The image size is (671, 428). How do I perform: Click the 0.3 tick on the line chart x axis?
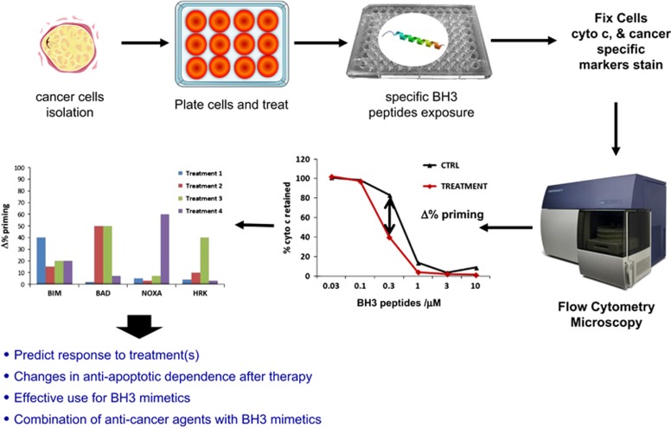pos(389,286)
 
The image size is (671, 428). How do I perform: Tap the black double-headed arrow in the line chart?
pos(390,217)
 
